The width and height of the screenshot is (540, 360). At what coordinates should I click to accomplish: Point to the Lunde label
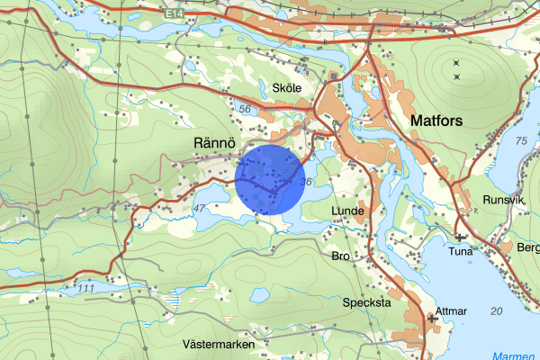(346, 211)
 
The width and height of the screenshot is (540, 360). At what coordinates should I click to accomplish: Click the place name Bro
(340, 256)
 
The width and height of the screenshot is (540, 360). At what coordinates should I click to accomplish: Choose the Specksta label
(366, 303)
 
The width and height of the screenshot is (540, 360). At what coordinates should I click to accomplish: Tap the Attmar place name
(451, 311)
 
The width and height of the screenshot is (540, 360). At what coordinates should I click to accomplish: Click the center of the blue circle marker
(270, 178)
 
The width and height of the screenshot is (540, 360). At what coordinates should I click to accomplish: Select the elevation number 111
(86, 288)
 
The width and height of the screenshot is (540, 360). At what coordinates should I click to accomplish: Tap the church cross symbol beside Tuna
(460, 238)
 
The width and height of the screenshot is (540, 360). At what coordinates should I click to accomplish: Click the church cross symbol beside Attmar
(431, 317)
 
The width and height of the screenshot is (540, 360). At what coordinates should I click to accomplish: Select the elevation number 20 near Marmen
(497, 310)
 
